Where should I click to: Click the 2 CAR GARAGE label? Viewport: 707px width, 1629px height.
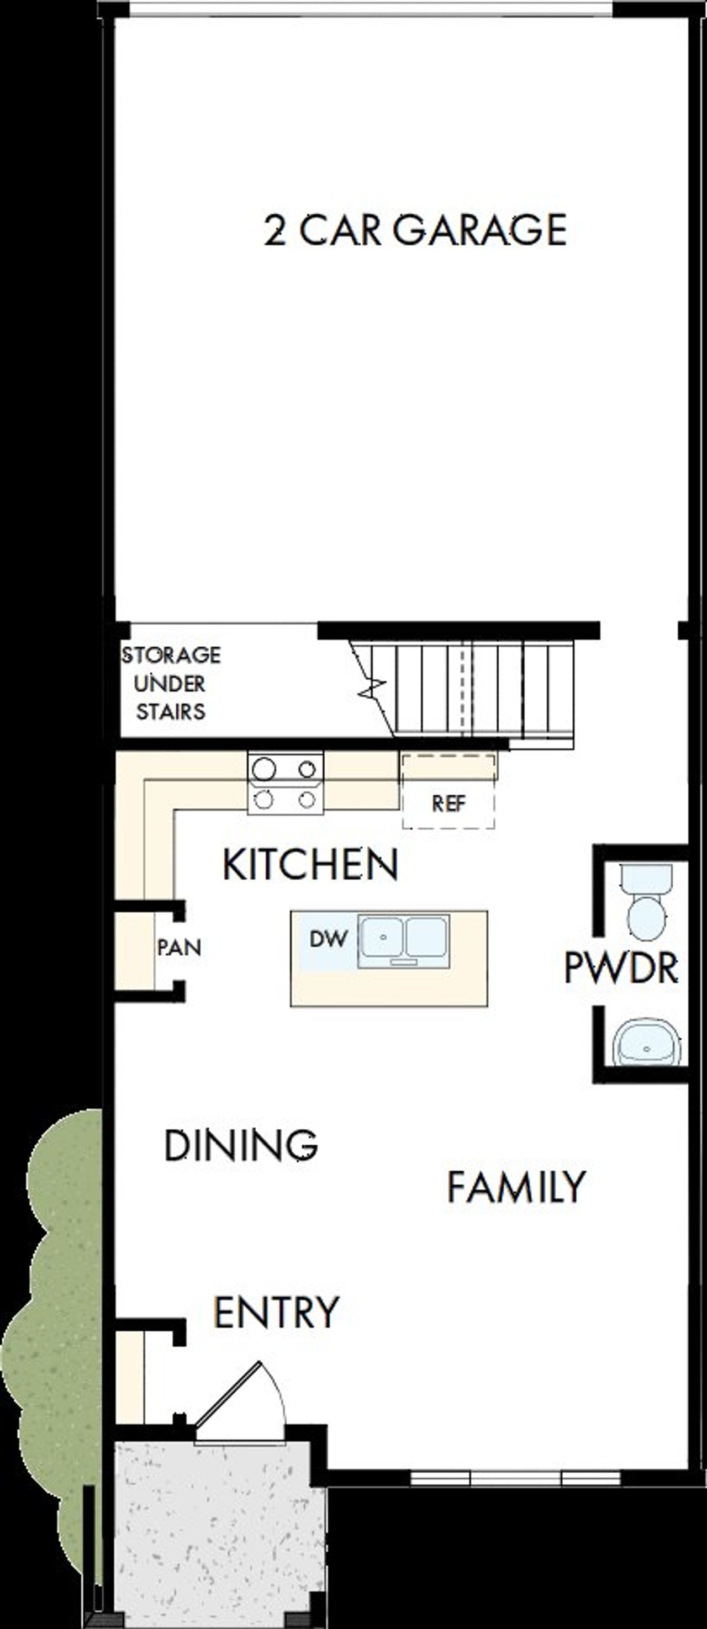click(x=415, y=230)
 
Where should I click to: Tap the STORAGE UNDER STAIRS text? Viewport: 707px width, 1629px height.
click(x=171, y=683)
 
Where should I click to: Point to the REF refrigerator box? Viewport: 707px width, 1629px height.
click(x=449, y=803)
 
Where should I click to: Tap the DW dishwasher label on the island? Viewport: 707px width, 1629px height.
click(x=328, y=939)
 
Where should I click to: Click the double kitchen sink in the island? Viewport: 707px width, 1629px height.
click(x=403, y=941)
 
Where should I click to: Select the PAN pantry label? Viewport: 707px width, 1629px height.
click(x=179, y=947)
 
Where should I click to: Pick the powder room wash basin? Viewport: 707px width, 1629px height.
click(x=646, y=1042)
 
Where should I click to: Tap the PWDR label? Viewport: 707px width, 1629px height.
click(x=621, y=967)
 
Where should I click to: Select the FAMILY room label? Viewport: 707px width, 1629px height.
click(x=516, y=1187)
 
